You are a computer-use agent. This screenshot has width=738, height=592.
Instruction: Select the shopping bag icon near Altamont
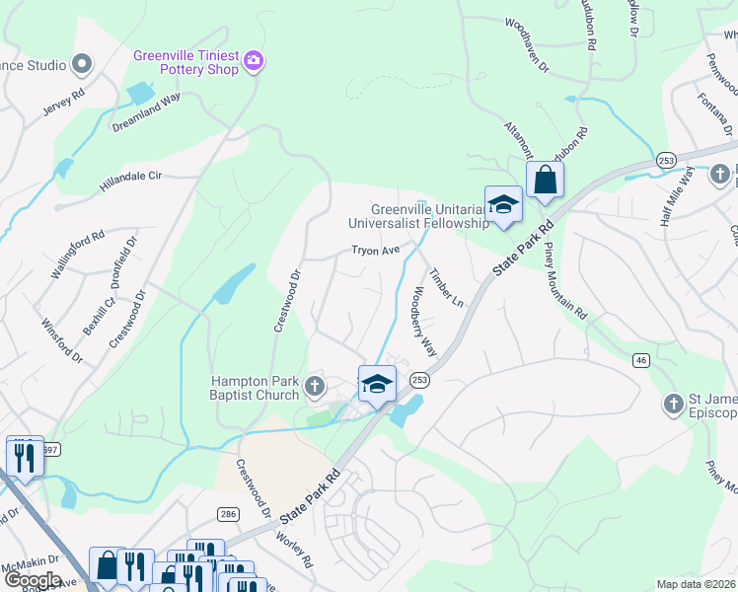click(x=545, y=182)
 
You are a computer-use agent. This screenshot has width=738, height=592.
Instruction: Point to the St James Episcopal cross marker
click(x=673, y=403)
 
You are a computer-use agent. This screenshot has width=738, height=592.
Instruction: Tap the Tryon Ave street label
click(x=376, y=251)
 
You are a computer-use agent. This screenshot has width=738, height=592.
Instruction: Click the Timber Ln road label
click(x=446, y=283)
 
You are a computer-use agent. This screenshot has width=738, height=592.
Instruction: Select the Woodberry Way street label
click(x=424, y=321)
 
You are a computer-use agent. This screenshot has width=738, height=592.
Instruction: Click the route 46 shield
click(x=641, y=362)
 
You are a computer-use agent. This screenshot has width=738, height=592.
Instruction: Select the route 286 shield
click(x=228, y=515)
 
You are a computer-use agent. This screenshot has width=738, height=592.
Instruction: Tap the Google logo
click(x=33, y=580)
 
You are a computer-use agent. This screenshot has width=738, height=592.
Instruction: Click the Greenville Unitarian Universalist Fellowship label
click(x=430, y=216)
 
